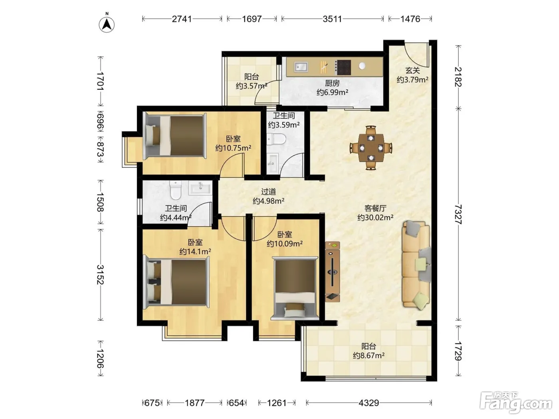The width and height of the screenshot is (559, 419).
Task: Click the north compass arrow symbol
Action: [107, 24]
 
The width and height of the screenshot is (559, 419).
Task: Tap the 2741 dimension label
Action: [182, 19]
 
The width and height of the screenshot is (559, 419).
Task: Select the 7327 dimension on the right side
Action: [458, 214]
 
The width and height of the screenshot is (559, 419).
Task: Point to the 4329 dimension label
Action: [369, 403]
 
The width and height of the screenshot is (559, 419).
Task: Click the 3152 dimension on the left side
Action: [101, 275]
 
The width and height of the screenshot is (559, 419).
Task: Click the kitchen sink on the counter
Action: [301, 67]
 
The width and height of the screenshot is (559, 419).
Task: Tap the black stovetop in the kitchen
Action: [343, 67]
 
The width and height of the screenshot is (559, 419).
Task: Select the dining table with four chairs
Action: [371, 148]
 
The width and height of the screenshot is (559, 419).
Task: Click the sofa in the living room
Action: [416, 265]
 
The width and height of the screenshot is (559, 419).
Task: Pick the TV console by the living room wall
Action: [332, 271]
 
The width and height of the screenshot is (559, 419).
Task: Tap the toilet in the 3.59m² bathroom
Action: [277, 139]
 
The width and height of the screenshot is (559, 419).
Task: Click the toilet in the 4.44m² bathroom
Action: [175, 190]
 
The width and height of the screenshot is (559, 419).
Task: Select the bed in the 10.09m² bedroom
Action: [295, 288]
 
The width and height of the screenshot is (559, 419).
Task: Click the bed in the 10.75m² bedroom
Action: [175, 136]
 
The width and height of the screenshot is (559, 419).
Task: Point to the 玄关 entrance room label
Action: [412, 70]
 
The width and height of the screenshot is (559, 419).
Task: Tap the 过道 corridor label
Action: [268, 192]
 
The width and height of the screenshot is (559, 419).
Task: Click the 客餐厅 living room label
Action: [375, 208]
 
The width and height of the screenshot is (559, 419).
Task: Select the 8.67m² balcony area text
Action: [369, 356]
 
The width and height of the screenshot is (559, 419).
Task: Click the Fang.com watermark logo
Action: [516, 403]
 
